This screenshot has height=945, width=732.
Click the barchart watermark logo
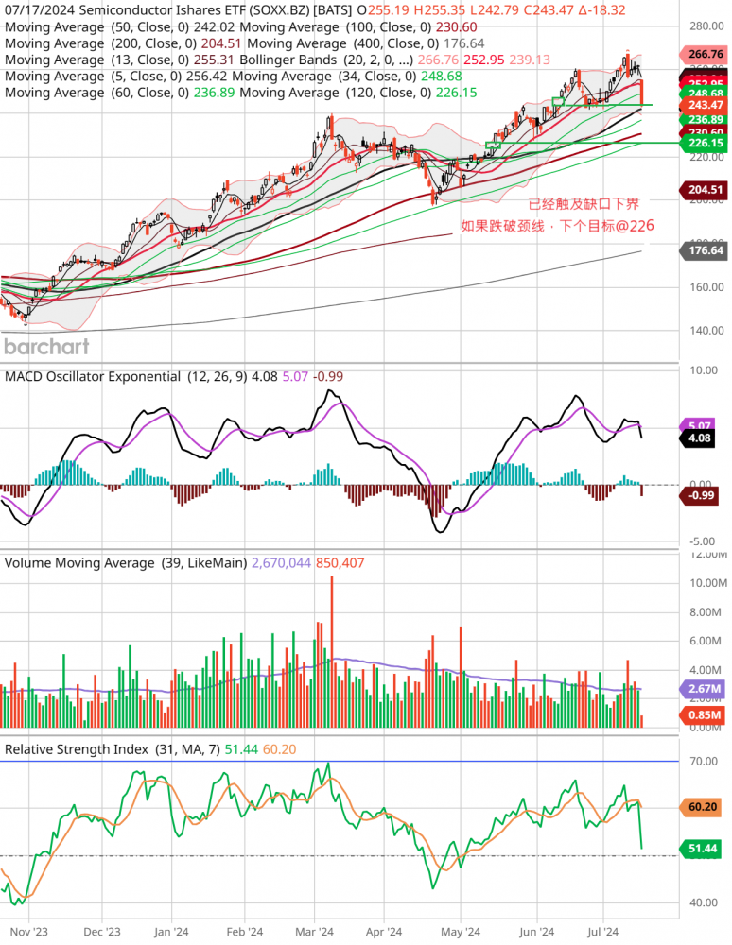(x=46, y=346)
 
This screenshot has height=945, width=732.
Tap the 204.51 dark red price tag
(x=702, y=189)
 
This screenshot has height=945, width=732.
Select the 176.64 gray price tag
(x=702, y=250)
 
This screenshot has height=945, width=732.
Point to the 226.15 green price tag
(x=702, y=143)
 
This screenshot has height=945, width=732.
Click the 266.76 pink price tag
(x=702, y=55)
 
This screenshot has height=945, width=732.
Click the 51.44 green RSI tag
(x=702, y=849)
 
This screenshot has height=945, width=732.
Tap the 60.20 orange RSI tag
(x=702, y=807)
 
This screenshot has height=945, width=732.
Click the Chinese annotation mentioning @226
(x=557, y=226)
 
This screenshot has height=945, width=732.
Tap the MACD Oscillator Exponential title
(x=93, y=376)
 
